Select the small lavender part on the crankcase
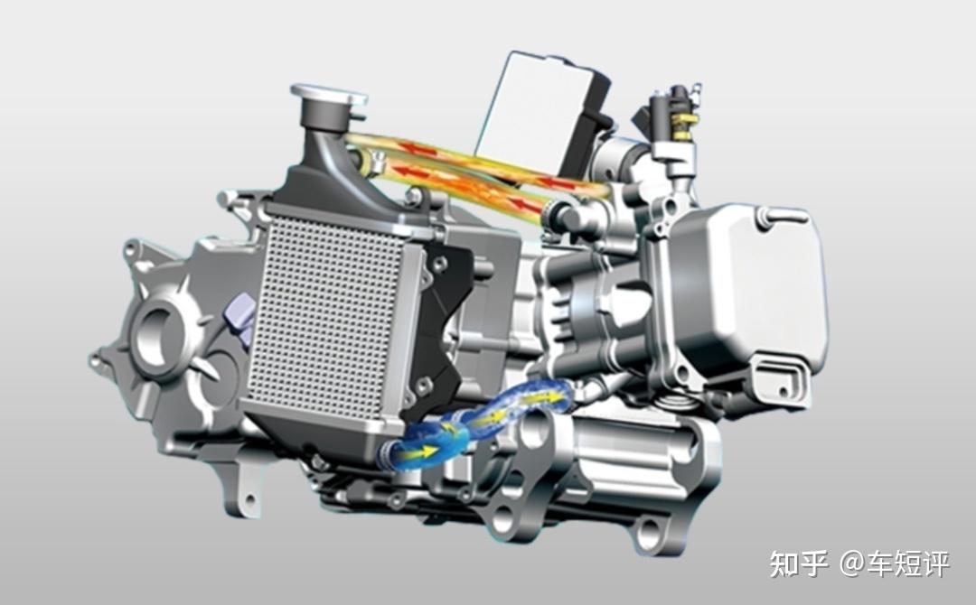click(239, 317)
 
